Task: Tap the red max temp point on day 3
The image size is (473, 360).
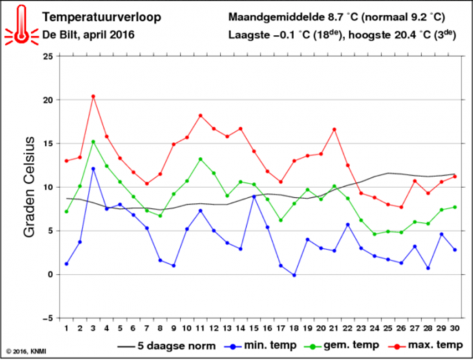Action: [93, 96]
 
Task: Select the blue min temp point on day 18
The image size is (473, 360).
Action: [295, 275]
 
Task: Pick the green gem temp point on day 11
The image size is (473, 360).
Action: [200, 159]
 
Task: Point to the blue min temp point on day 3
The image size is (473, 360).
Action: [93, 169]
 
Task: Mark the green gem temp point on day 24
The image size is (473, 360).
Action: [375, 234]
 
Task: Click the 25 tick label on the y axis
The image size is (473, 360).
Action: [47, 56]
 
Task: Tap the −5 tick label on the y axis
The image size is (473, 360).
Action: [47, 318]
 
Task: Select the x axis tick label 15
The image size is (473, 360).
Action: [254, 329]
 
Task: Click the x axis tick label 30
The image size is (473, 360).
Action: [456, 329]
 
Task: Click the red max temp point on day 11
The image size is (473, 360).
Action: [200, 116]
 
